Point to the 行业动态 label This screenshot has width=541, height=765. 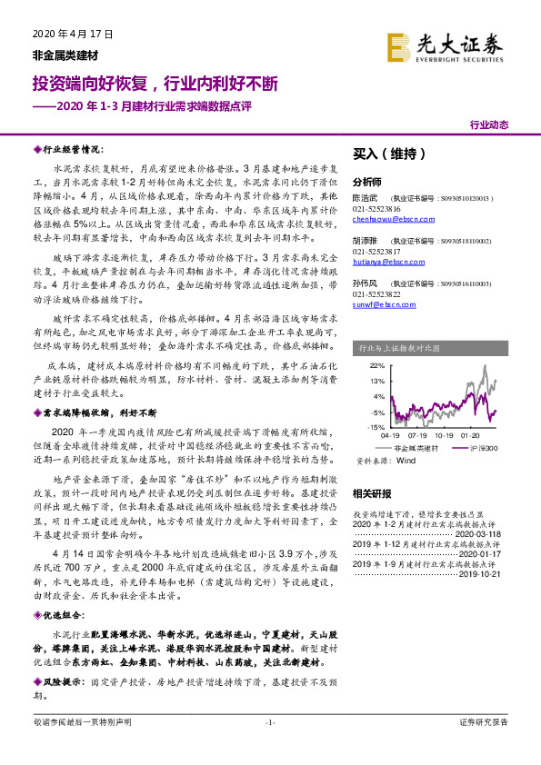pos(489,124)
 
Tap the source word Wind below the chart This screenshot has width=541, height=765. pos(394,462)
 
